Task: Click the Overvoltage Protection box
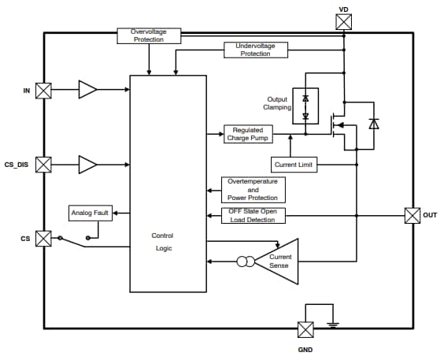pos(148,36)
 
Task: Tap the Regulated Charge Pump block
pos(248,134)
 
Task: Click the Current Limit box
pos(294,165)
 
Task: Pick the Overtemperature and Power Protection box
pos(253,190)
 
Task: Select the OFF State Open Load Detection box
pos(253,215)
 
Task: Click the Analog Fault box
pos(91,213)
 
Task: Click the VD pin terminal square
pos(343,23)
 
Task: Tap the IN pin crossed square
pos(45,91)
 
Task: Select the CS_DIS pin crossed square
pos(45,165)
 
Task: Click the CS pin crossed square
pos(45,238)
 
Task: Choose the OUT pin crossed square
pos(412,215)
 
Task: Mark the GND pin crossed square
pos(305,329)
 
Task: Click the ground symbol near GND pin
pos(332,323)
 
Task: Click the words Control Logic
pos(162,242)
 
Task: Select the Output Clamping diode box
pos(305,106)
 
